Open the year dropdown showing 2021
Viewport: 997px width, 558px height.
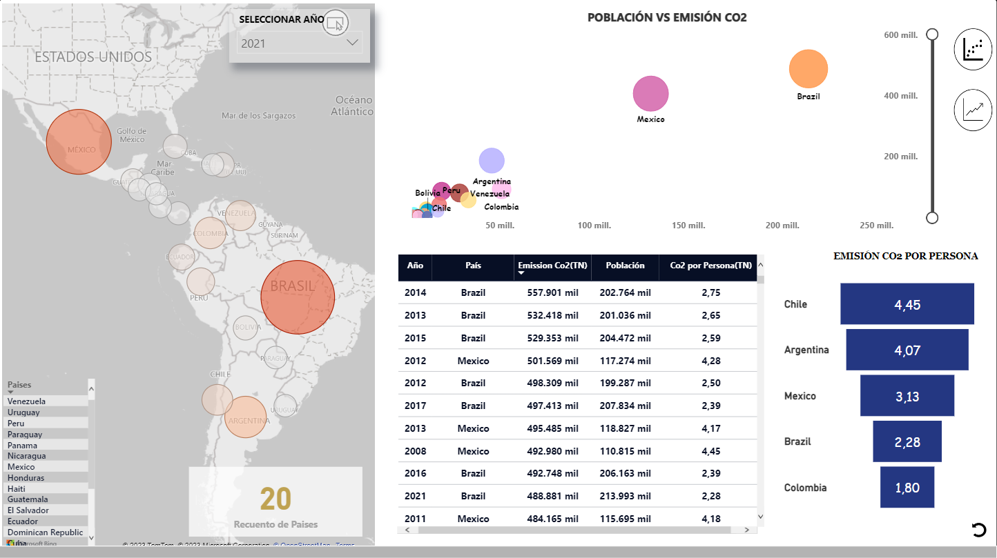(x=299, y=43)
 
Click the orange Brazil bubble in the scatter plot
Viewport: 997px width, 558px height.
(x=808, y=69)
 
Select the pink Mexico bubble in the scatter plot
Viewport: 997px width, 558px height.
(x=650, y=94)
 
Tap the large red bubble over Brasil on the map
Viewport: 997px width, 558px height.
(x=298, y=297)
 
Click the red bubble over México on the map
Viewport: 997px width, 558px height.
(x=79, y=141)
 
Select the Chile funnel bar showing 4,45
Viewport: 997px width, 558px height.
(x=907, y=304)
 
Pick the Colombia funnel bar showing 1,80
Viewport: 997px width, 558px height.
(x=907, y=488)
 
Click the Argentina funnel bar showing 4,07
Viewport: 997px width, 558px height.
(x=907, y=350)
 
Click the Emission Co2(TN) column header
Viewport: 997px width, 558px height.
(x=552, y=266)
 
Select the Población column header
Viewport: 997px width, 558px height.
(x=625, y=266)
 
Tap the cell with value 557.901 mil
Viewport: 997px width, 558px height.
(x=552, y=292)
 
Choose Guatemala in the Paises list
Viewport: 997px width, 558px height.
(x=28, y=499)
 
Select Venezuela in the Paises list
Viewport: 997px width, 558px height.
(x=26, y=401)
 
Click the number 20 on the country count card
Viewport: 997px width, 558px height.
(x=275, y=498)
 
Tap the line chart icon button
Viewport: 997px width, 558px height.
(x=973, y=110)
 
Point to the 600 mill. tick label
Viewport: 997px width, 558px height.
(x=900, y=35)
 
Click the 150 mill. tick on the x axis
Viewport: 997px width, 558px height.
(x=688, y=226)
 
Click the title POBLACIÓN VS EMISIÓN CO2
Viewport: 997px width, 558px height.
(x=666, y=18)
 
